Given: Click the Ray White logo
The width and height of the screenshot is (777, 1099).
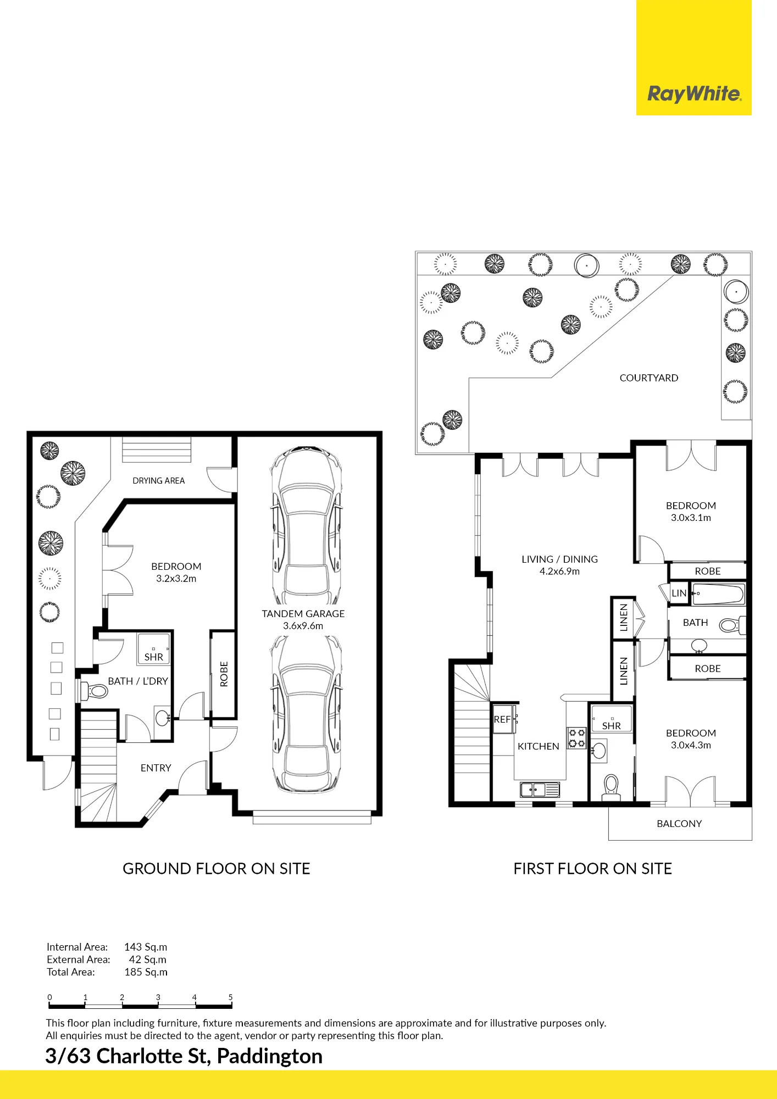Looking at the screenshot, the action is [x=694, y=94].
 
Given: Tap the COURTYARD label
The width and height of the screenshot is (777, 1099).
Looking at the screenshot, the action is [x=649, y=378].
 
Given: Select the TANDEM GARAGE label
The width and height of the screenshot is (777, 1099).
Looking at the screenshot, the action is [x=303, y=614].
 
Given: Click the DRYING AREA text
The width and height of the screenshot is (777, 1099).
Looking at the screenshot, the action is [x=159, y=481].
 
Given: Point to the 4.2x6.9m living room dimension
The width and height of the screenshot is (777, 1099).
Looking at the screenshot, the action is [x=559, y=571].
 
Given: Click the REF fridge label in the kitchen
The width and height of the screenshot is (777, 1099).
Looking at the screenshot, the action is [x=502, y=719].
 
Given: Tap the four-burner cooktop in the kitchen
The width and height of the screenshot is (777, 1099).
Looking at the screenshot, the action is [x=576, y=738].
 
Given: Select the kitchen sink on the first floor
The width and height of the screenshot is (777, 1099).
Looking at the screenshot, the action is [x=540, y=790].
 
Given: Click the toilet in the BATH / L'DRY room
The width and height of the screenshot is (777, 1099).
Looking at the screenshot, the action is [x=94, y=691].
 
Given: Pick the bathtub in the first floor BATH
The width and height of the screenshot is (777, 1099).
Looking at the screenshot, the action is [x=718, y=594].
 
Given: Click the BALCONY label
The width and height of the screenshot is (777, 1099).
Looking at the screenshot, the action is [x=679, y=824].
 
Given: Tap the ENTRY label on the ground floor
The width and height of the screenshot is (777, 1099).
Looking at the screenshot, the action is [x=156, y=768].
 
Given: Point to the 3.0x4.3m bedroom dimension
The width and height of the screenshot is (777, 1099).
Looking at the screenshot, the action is [x=691, y=745].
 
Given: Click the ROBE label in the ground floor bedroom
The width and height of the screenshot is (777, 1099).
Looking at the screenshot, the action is [x=224, y=674].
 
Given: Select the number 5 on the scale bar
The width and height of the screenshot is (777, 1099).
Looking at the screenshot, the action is [x=230, y=997].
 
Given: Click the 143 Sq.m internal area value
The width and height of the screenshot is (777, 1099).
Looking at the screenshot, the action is [x=146, y=947].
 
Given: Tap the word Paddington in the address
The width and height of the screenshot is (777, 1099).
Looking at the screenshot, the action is [x=270, y=1056].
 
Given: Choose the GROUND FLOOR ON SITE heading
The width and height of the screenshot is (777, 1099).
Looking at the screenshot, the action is [x=217, y=869].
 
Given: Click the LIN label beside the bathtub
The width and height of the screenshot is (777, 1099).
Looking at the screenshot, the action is [x=679, y=593].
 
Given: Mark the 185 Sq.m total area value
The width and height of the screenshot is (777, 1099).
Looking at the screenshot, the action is [x=146, y=972].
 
